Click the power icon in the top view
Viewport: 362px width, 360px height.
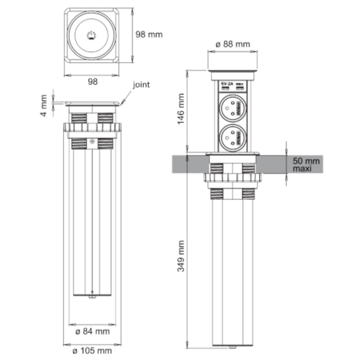(x=91, y=35)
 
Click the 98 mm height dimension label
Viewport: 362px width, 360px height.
(x=148, y=35)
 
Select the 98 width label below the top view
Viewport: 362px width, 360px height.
(x=92, y=82)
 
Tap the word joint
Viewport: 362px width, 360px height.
(x=141, y=85)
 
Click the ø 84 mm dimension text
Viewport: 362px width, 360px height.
(x=93, y=331)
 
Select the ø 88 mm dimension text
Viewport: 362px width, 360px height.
(x=233, y=44)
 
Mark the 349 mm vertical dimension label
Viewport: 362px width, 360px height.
(x=181, y=256)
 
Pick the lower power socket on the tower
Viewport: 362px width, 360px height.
(x=233, y=138)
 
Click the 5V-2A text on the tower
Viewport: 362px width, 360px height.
(x=226, y=85)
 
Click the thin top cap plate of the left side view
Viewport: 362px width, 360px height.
(x=92, y=103)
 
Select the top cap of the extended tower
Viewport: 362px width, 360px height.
(x=233, y=75)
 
